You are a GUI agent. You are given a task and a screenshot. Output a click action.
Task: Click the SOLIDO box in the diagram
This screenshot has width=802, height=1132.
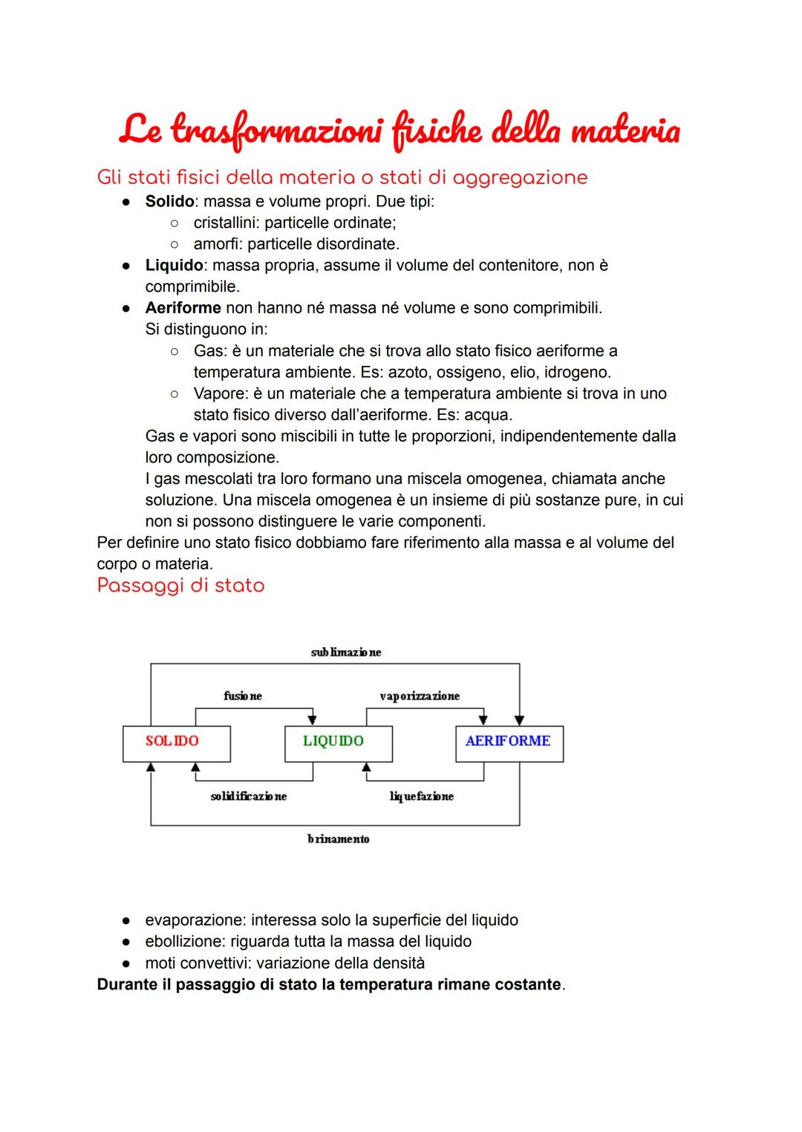(176, 743)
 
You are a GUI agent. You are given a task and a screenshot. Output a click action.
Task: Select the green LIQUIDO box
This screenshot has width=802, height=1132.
(338, 743)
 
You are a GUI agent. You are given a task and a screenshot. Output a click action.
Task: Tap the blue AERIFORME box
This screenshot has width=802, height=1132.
(509, 743)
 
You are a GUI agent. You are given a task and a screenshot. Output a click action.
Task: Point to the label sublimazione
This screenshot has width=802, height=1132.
(345, 652)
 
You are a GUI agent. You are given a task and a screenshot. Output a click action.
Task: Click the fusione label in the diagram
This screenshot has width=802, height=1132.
(242, 696)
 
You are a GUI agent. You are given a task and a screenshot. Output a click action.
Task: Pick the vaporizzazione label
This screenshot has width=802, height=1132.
(419, 696)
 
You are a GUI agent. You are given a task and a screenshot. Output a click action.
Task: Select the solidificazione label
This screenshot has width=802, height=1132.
(248, 796)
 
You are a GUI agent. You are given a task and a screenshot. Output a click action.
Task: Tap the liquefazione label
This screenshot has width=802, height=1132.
(421, 796)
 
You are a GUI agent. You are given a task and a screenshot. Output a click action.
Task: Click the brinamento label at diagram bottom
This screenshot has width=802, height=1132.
(338, 840)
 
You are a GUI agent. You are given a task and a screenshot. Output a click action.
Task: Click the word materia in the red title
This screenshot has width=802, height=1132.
(625, 131)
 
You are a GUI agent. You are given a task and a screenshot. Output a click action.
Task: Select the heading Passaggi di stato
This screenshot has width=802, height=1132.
(180, 586)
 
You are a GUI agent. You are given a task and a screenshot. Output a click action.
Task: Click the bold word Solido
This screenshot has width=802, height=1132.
(169, 201)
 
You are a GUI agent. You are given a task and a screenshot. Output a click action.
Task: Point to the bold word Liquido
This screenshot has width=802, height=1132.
(174, 265)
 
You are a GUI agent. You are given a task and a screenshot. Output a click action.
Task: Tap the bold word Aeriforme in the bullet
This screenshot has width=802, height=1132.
(183, 308)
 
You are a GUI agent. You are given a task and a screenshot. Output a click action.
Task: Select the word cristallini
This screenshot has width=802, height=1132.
(226, 223)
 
